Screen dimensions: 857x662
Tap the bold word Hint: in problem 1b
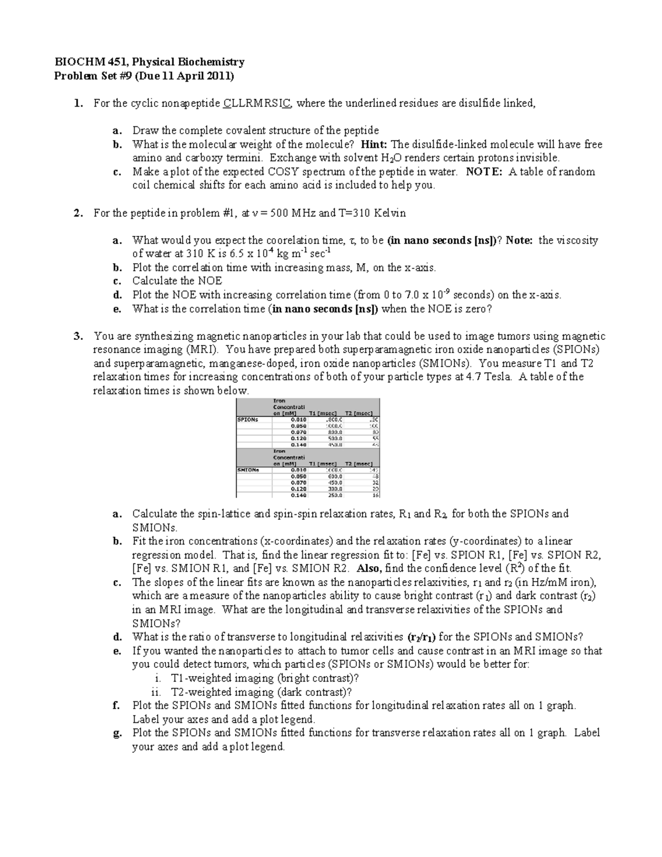(x=375, y=145)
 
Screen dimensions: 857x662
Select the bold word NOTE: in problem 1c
(x=484, y=172)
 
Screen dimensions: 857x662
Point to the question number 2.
(x=78, y=213)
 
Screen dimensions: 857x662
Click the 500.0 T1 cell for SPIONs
(x=335, y=438)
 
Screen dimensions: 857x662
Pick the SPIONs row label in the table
(x=247, y=419)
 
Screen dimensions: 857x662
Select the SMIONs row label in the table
(x=248, y=470)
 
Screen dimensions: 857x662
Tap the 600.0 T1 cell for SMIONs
(x=335, y=476)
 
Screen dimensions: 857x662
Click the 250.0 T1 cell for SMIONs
(x=335, y=495)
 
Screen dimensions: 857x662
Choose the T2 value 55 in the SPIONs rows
(x=375, y=438)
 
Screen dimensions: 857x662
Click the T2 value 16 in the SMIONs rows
(x=375, y=495)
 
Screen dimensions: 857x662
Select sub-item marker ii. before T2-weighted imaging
(x=158, y=692)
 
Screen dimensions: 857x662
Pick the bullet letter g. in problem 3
(x=117, y=733)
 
